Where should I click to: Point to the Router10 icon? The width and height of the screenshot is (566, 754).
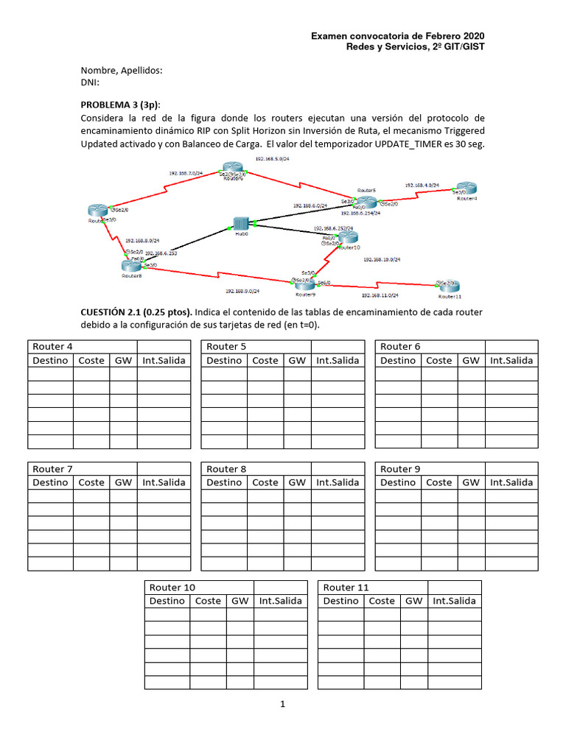click(x=348, y=237)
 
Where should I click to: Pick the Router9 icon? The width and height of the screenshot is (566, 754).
click(x=305, y=283)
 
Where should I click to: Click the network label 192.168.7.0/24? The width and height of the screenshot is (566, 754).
click(x=186, y=174)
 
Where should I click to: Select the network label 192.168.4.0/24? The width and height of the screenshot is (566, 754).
click(x=422, y=186)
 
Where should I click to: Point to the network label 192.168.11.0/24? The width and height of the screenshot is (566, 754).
click(x=380, y=295)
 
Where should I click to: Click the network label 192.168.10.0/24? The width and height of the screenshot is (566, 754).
click(x=381, y=260)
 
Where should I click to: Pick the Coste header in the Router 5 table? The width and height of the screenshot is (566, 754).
click(x=265, y=361)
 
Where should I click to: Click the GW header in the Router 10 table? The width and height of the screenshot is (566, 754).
click(x=240, y=601)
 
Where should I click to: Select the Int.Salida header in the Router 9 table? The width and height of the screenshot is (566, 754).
click(x=511, y=483)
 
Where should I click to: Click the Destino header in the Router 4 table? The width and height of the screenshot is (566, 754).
click(x=50, y=361)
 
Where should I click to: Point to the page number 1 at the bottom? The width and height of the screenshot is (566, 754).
click(x=282, y=705)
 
